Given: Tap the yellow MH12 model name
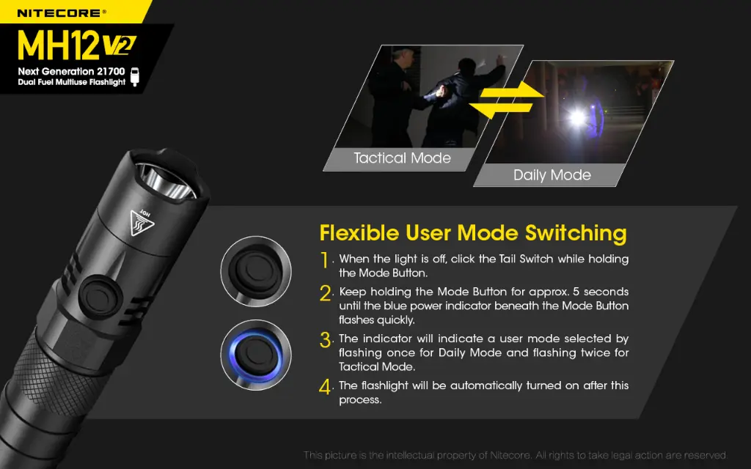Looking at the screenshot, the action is coord(59,45).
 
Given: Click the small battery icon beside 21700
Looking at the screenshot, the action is coord(135,76).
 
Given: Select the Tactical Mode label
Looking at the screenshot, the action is coord(403,158).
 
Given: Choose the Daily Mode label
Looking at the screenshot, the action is coord(552,175).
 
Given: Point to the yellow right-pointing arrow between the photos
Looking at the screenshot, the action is coord(512,90).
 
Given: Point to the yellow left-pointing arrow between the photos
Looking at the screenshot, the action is coord(500,110).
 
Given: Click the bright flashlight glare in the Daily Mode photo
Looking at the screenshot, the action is coord(576,117).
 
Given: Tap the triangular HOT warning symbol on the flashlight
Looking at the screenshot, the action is coord(142,222).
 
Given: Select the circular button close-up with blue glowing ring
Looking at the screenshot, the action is coord(256,355).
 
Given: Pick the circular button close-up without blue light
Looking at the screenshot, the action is coord(256,271).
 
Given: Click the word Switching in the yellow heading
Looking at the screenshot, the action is coord(576,233).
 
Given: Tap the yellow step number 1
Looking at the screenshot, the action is coord(325,260).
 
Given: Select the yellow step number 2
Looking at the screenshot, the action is coord(326,293).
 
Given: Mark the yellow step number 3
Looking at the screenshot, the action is coord(326,340).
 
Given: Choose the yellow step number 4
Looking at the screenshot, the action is coord(325,387).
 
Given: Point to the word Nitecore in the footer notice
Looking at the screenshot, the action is coord(510,455).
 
